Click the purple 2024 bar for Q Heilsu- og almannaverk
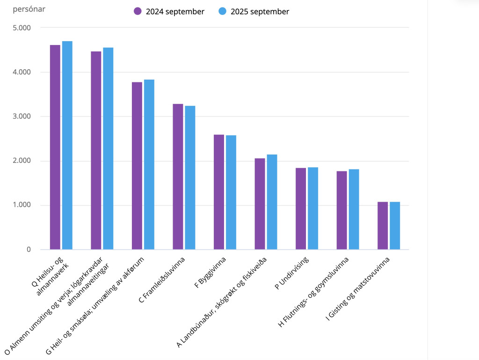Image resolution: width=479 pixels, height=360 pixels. pyautogui.click(x=55, y=147)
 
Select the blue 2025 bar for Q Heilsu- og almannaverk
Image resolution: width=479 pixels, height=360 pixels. pyautogui.click(x=67, y=145)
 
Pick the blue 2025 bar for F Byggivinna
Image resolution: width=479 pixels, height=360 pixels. pyautogui.click(x=231, y=192)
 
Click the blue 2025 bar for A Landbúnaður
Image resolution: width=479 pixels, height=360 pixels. pyautogui.click(x=272, y=202)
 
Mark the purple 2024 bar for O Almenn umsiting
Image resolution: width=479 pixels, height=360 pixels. pyautogui.click(x=96, y=150)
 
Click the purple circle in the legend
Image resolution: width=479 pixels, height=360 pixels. pyautogui.click(x=138, y=12)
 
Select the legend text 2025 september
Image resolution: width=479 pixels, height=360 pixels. pyautogui.click(x=260, y=12)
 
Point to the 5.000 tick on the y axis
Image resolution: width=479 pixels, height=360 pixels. pyautogui.click(x=21, y=28)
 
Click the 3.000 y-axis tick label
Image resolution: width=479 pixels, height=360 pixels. pyautogui.click(x=21, y=117)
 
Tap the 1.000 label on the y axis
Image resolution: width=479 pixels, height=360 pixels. pyautogui.click(x=21, y=205)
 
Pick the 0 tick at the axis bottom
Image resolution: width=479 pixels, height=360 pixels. pyautogui.click(x=29, y=250)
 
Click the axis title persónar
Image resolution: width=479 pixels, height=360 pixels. pyautogui.click(x=29, y=9)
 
